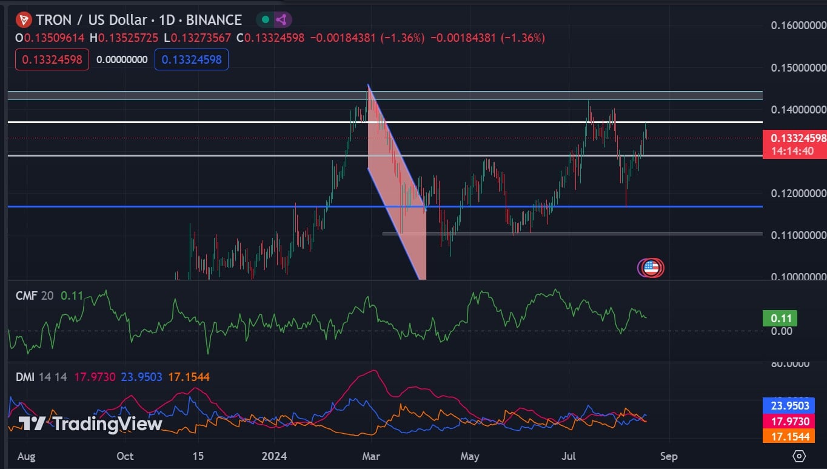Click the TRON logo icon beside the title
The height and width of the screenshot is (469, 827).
click(x=24, y=20)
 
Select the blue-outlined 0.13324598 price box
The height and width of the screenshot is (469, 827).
click(x=192, y=59)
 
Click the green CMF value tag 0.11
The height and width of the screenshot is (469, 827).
click(x=780, y=318)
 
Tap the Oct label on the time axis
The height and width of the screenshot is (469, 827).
click(x=125, y=456)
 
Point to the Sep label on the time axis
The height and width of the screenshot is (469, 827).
click(x=669, y=456)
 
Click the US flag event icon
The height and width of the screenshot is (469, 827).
click(x=651, y=267)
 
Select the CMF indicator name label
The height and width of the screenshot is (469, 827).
click(x=26, y=295)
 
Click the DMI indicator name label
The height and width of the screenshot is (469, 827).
click(x=25, y=377)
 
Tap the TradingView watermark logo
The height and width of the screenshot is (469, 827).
click(x=90, y=423)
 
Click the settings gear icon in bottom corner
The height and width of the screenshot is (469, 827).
click(x=799, y=456)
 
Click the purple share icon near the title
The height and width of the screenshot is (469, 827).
click(x=281, y=20)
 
